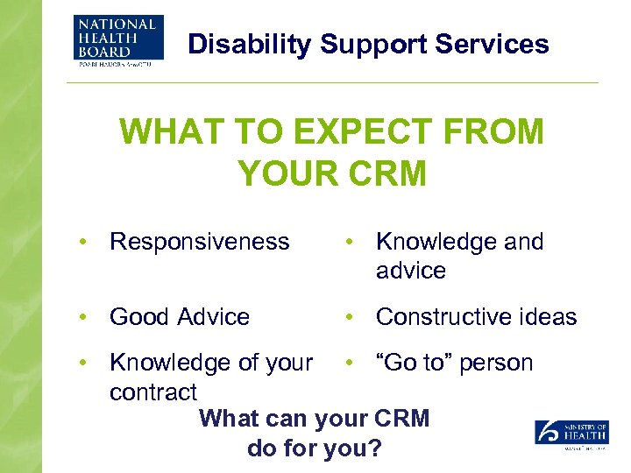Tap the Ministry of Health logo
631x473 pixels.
[571, 434]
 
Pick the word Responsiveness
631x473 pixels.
[199, 242]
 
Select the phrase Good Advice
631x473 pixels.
[180, 316]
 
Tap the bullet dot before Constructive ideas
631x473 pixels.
[347, 316]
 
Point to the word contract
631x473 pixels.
[153, 391]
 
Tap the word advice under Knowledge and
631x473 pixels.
[410, 271]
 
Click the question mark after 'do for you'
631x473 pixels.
[374, 448]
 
